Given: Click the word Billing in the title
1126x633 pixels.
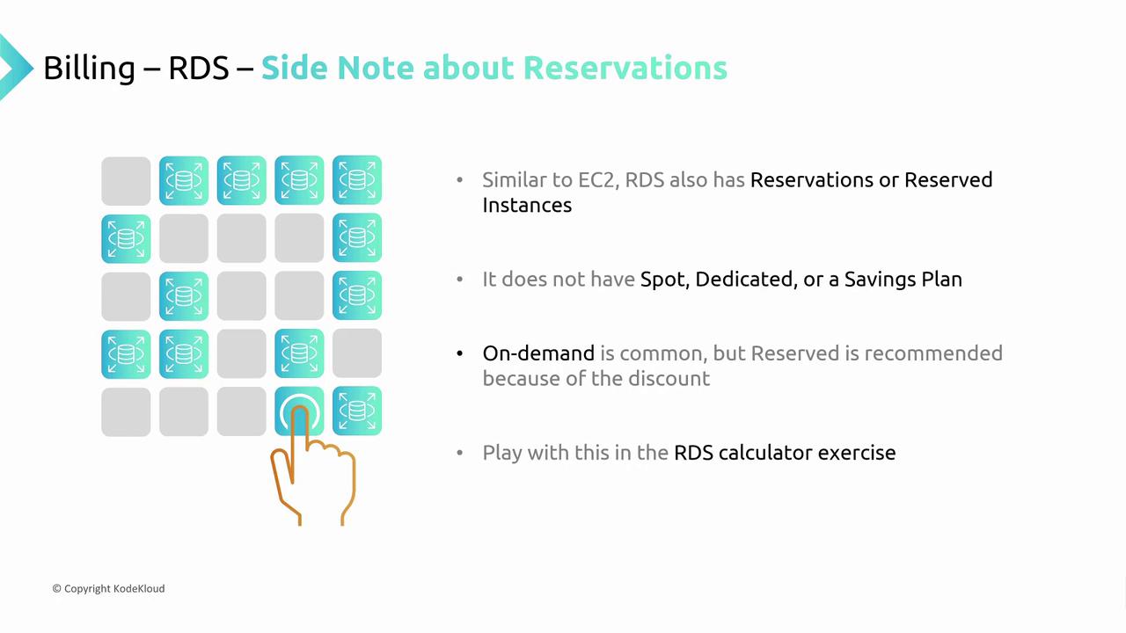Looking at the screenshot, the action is click(x=90, y=69).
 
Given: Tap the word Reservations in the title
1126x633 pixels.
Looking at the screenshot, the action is click(x=625, y=68).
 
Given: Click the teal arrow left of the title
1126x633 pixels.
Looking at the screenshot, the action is click(x=15, y=68).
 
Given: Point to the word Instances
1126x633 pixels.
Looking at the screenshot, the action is click(x=527, y=205).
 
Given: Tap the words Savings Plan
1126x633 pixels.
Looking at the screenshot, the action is click(x=903, y=280).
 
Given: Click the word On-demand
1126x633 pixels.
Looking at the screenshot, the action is click(x=538, y=353).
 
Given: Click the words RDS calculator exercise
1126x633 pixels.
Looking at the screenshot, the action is click(x=785, y=453).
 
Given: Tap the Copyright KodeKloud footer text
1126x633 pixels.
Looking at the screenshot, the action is click(x=108, y=588).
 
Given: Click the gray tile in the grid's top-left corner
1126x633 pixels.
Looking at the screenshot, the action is click(x=126, y=181).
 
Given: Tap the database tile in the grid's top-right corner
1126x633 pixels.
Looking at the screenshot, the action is click(x=357, y=180).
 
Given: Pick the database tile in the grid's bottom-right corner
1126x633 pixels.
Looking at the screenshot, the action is click(x=357, y=411).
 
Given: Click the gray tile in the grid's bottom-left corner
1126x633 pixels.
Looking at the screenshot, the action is click(x=126, y=412).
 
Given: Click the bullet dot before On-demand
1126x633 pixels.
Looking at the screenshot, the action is click(x=459, y=353).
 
